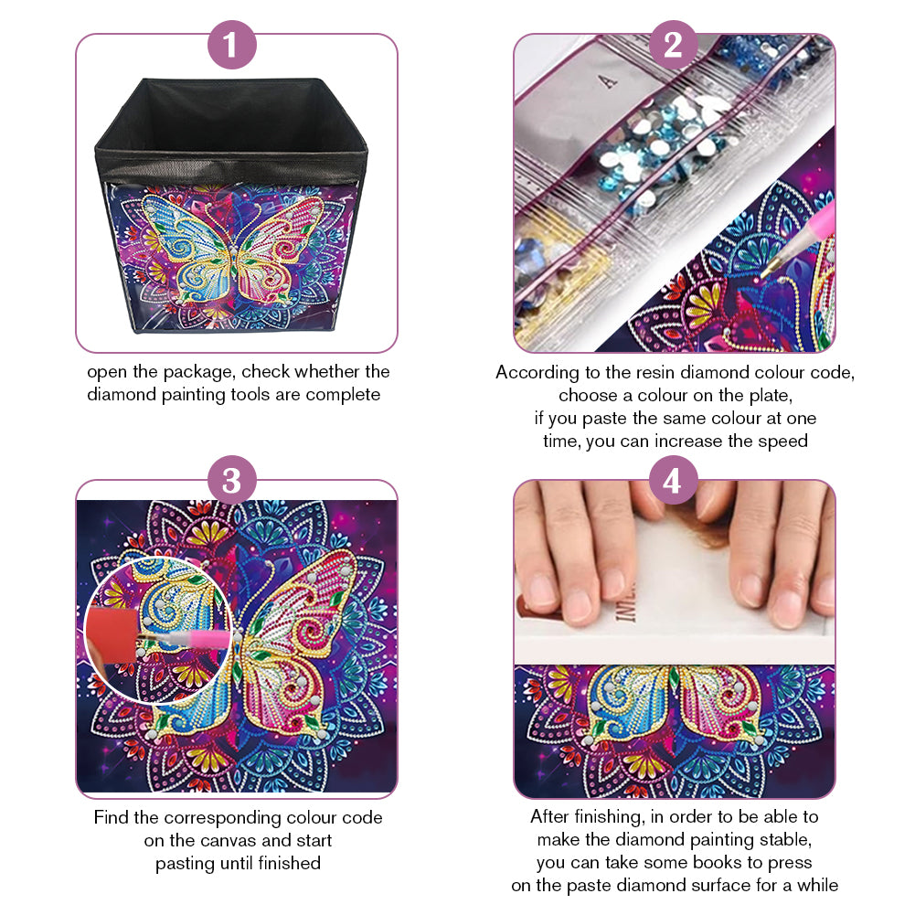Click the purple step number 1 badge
click(x=231, y=45)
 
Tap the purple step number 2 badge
click(x=674, y=45)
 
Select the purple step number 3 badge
click(x=231, y=480)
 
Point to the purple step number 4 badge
click(x=674, y=480)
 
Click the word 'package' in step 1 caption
click(x=197, y=373)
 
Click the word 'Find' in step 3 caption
click(x=111, y=817)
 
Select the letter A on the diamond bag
click(x=608, y=81)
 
